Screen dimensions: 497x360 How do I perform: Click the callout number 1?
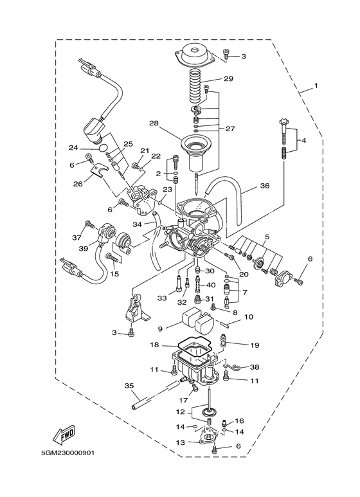pyautogui.click(x=316, y=86)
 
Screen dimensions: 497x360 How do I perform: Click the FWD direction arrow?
pyautogui.click(x=65, y=437)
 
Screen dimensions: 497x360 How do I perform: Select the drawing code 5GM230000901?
pyautogui.click(x=62, y=470)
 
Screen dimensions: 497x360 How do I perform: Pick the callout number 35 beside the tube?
pyautogui.click(x=129, y=386)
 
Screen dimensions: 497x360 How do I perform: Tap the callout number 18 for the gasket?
pyautogui.click(x=154, y=345)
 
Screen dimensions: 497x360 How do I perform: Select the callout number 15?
pyautogui.click(x=114, y=275)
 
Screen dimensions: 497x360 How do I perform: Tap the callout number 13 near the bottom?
pyautogui.click(x=181, y=442)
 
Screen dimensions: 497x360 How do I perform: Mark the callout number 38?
pyautogui.click(x=255, y=367)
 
